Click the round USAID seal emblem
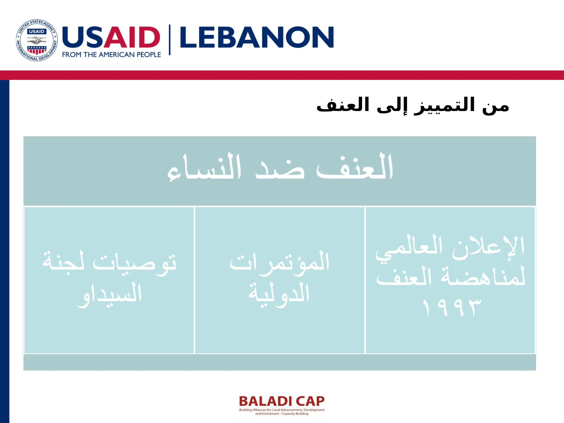coord(37,40)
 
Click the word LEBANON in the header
coord(257,38)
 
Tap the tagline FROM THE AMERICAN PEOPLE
coord(111,55)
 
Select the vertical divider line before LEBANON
coord(170,40)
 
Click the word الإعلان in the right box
coord(488,247)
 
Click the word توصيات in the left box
coord(134,263)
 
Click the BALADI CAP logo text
coord(282,401)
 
